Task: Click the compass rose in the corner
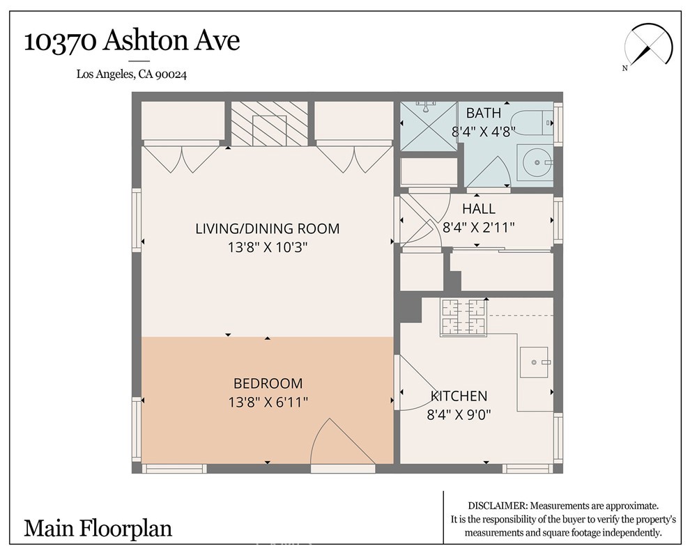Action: tap(651, 46)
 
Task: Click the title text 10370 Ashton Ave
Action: tap(132, 40)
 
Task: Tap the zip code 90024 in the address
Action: tap(171, 75)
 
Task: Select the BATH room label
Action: tap(483, 113)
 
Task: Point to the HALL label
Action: tap(479, 208)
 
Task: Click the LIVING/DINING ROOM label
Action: tap(267, 228)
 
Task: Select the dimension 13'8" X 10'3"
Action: tap(267, 247)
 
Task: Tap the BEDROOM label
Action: tap(268, 383)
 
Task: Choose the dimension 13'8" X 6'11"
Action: tap(268, 402)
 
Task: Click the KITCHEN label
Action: tap(459, 396)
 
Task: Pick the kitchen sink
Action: tap(535, 362)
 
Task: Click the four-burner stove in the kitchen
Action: tap(463, 317)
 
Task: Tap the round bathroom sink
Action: tap(536, 162)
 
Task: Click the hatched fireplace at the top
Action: tap(268, 124)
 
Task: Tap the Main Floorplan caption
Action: tap(98, 528)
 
